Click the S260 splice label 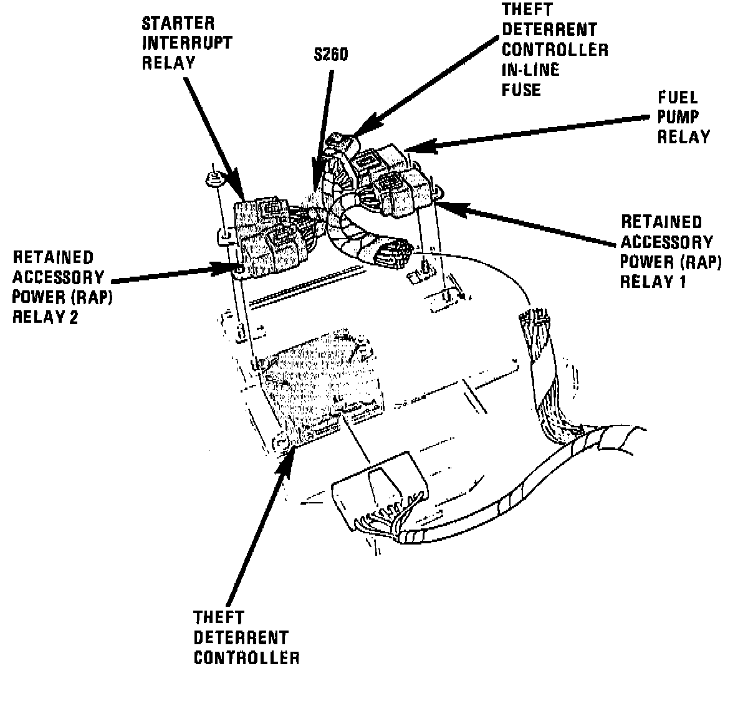coord(330,54)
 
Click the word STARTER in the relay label coord(178,24)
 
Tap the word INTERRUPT coord(187,43)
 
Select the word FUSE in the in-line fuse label coord(521,89)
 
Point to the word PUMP coord(678,117)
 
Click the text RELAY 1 coord(653,281)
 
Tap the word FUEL coord(678,97)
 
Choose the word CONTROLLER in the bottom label coord(246,657)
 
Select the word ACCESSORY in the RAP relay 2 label coord(58,277)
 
